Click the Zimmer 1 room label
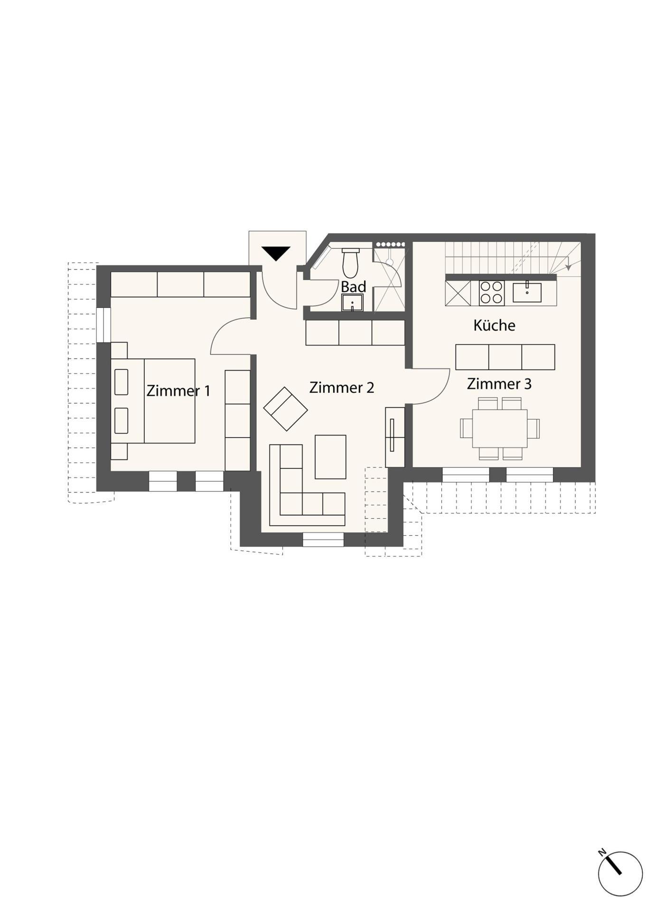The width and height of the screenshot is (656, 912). [x=178, y=390]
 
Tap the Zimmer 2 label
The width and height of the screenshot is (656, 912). [x=341, y=388]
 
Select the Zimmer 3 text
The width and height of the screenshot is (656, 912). [x=499, y=384]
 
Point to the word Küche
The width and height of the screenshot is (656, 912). [x=494, y=325]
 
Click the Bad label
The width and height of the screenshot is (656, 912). [x=353, y=287]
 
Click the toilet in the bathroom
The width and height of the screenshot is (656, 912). [x=350, y=263]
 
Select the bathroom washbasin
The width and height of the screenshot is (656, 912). [x=352, y=303]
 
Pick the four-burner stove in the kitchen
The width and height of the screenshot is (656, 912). [x=491, y=293]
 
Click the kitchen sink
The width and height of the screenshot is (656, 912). [x=527, y=292]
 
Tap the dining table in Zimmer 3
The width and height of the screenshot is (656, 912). [x=499, y=428]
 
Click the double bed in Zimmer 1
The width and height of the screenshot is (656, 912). [x=153, y=401]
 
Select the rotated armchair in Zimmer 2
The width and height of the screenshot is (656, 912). [x=286, y=409]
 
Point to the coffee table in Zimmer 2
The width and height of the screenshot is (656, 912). [x=330, y=457]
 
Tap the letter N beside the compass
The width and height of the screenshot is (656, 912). [x=602, y=852]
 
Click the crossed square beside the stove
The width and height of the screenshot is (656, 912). [x=458, y=293]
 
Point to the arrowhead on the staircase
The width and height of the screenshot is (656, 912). [x=568, y=267]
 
